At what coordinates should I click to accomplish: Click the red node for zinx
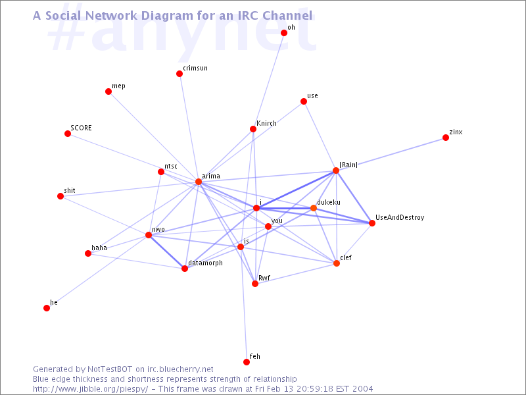[446, 138]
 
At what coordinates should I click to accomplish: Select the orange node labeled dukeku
[314, 208]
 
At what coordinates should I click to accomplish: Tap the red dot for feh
[247, 361]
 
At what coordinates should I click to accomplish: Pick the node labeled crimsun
[179, 74]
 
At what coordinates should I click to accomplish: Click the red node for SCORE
[68, 134]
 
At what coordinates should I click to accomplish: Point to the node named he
[47, 308]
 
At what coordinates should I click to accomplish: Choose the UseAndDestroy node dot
[371, 223]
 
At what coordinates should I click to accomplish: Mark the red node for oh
[284, 33]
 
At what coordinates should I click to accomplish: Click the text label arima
[211, 176]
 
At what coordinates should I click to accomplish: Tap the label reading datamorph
[205, 263]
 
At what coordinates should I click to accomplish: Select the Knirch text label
[267, 123]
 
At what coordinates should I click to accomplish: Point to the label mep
[118, 86]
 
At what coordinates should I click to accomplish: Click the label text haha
[99, 248]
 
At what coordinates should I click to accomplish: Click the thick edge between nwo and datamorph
[167, 252]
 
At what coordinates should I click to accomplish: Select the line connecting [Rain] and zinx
[391, 154]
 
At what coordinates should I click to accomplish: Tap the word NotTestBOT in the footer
[110, 369]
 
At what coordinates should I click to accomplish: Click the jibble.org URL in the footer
[90, 389]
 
